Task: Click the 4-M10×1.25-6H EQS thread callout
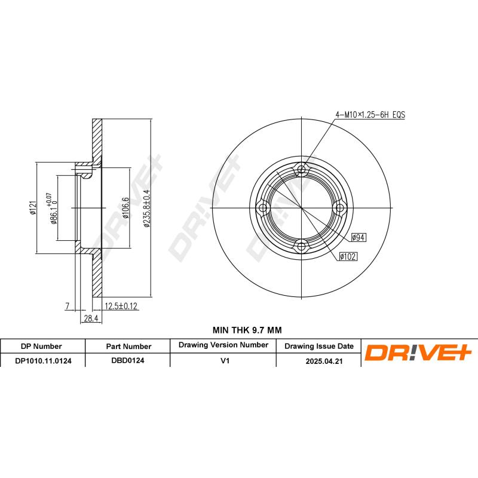pyautogui.click(x=369, y=114)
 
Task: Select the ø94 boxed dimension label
pyautogui.click(x=358, y=237)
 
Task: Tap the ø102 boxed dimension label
pyautogui.click(x=348, y=256)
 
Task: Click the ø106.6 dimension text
pyautogui.click(x=125, y=207)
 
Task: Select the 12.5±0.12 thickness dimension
pyautogui.click(x=121, y=307)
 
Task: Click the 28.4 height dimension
pyautogui.click(x=90, y=319)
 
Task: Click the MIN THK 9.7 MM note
pyautogui.click(x=247, y=330)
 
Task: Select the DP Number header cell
pyautogui.click(x=41, y=346)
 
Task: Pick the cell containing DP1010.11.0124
pyautogui.click(x=42, y=361)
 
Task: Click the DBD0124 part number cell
pyautogui.click(x=128, y=361)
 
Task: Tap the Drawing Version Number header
pyautogui.click(x=223, y=345)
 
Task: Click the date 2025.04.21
pyautogui.click(x=318, y=361)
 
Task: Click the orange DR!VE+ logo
pyautogui.click(x=418, y=353)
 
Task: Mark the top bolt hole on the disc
pyautogui.click(x=302, y=170)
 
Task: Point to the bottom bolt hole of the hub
pyautogui.click(x=302, y=246)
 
